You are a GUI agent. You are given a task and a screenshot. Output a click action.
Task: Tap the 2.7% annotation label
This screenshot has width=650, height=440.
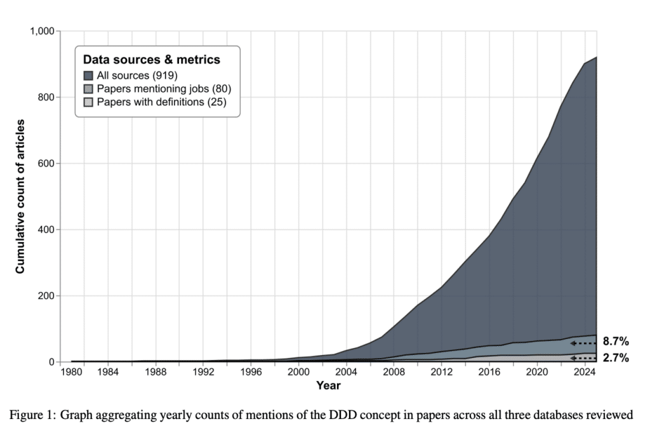616,359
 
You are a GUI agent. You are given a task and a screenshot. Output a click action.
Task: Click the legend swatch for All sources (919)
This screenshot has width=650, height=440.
88,76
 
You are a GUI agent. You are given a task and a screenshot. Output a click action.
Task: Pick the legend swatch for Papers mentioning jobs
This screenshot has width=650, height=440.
88,89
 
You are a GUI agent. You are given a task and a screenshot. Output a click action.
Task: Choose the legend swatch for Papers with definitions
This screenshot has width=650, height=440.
88,102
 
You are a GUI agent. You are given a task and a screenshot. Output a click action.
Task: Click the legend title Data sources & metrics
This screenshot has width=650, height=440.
152,60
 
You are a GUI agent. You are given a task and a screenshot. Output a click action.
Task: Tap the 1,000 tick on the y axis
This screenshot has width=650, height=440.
42,31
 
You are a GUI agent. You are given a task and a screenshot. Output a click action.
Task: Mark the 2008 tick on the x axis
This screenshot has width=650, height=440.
394,371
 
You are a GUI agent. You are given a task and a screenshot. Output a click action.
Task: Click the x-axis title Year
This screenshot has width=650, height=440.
328,385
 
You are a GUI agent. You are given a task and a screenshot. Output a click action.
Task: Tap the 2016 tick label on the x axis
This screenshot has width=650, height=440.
489,371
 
